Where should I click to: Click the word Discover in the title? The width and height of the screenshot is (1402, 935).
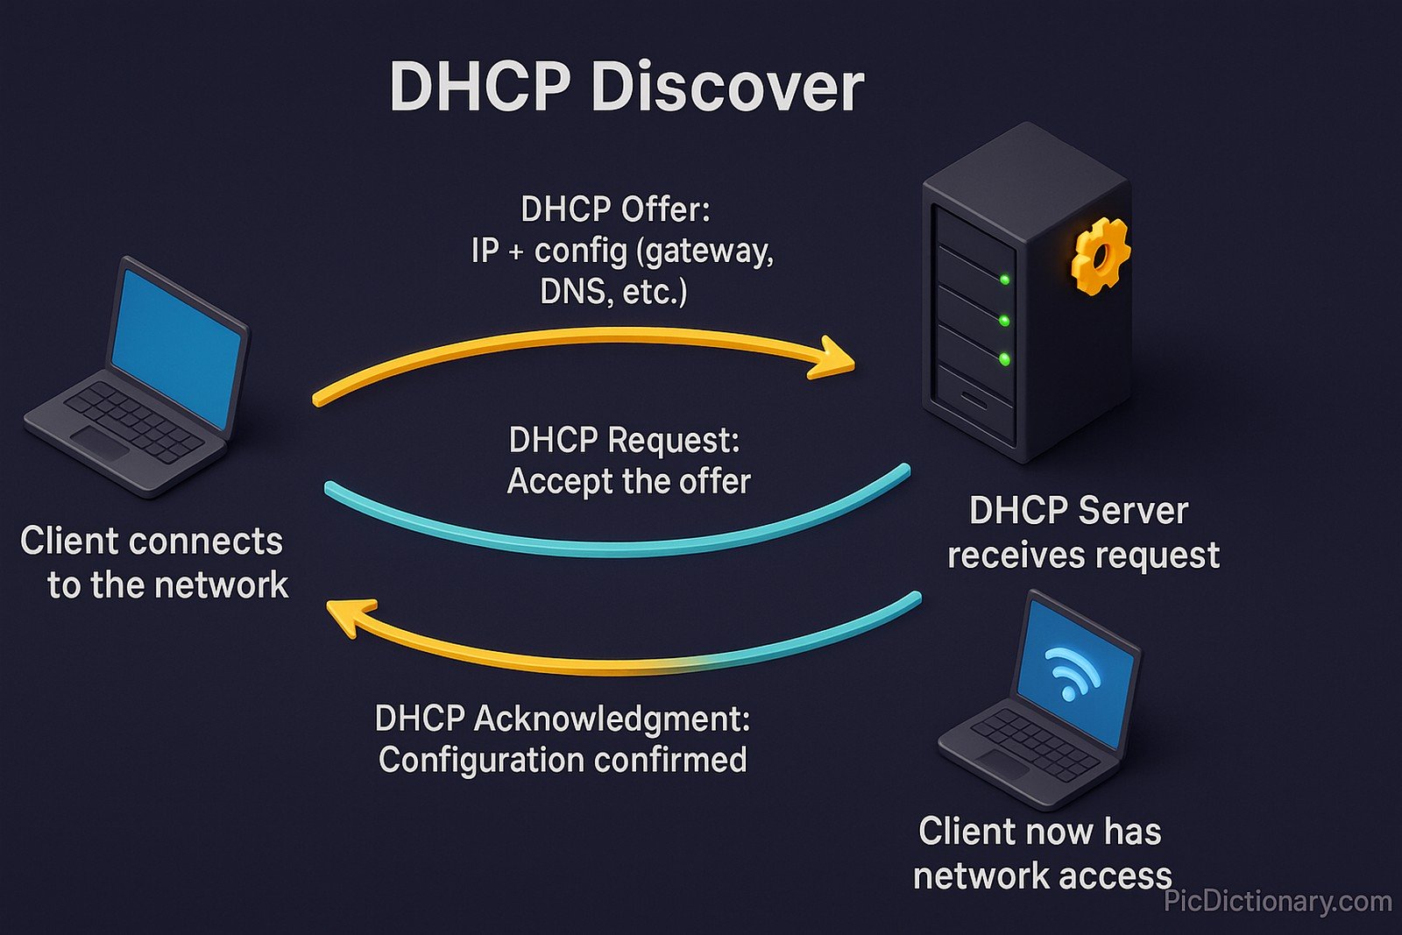coord(727,88)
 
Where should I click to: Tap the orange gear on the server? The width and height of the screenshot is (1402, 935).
coord(1099,256)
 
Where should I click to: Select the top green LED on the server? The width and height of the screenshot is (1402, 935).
coord(1005,280)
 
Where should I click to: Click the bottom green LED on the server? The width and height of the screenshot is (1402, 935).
coord(1004,359)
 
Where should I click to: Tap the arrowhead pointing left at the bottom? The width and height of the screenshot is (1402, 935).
coord(350,614)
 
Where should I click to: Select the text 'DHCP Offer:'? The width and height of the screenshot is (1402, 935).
coord(615,209)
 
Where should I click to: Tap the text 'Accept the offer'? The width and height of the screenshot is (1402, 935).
coord(628,482)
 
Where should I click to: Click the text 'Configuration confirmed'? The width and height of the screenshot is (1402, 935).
coord(563,760)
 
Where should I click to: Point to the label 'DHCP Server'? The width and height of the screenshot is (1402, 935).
coord(1079,511)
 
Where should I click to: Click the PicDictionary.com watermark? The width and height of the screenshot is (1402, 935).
coord(1278,902)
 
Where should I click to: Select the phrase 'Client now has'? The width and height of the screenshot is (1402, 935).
coord(1040,832)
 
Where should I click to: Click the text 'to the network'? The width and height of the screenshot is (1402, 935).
coord(167,584)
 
